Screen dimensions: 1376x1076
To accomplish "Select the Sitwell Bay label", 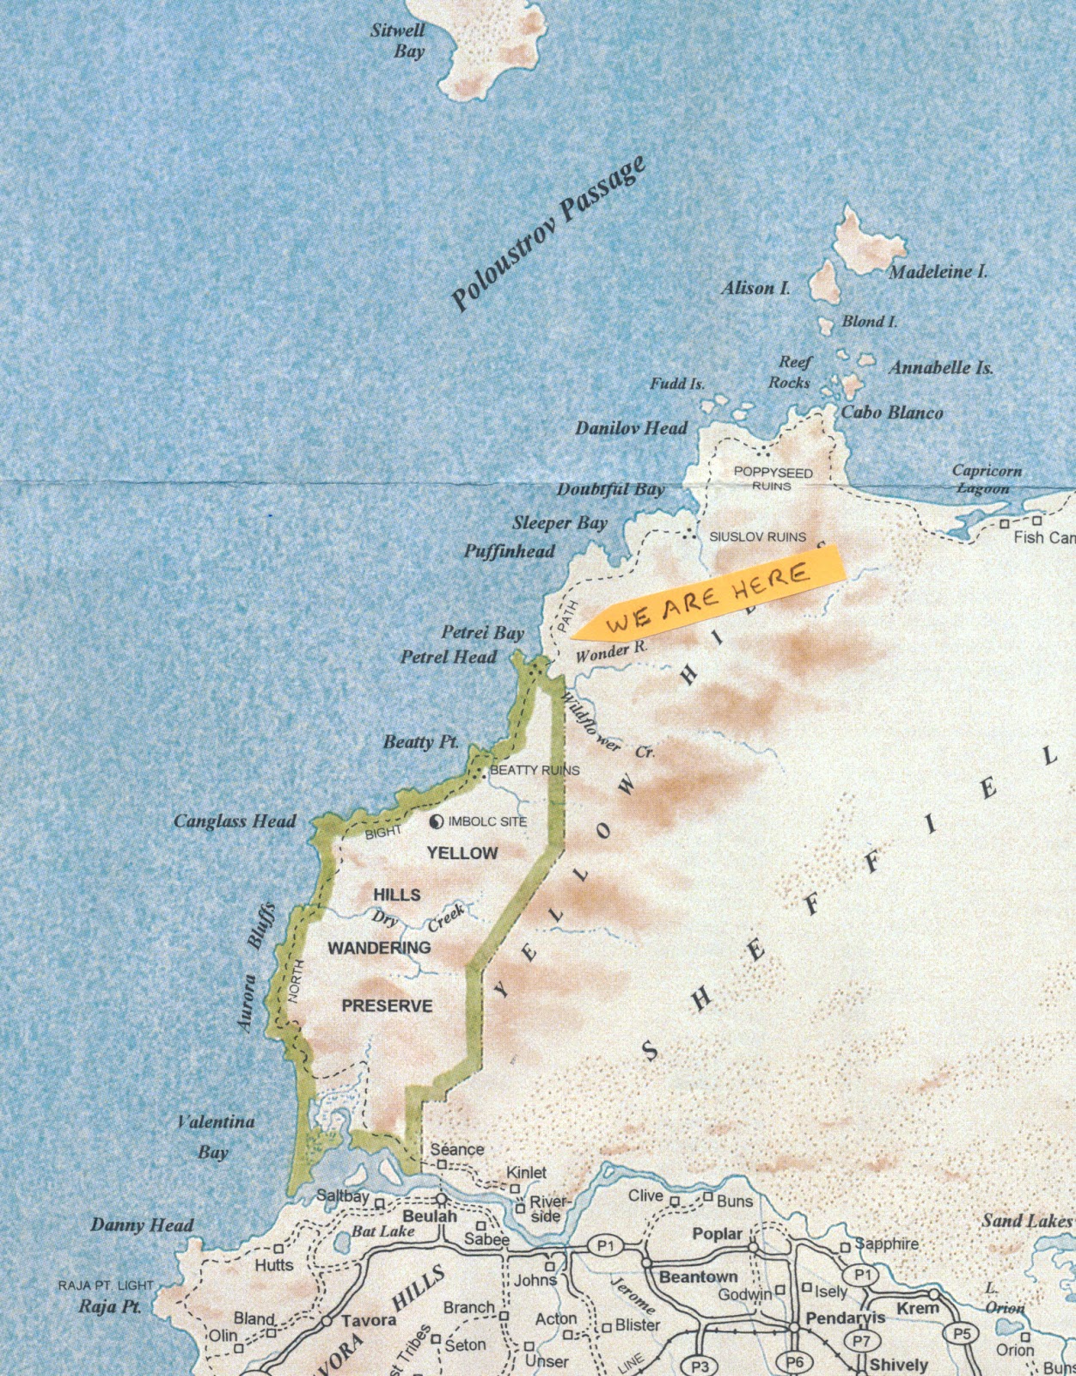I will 399,40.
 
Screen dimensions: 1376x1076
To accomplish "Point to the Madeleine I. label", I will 938,272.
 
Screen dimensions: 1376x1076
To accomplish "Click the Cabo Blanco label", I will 891,412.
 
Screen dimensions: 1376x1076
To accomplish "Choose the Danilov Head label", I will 631,427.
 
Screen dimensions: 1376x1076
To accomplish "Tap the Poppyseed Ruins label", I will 773,479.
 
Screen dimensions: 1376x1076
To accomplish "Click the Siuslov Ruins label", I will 757,537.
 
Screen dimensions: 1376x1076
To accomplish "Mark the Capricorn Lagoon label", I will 986,479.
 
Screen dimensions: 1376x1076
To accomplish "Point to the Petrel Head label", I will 448,657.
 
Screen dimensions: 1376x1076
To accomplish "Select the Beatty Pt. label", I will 420,741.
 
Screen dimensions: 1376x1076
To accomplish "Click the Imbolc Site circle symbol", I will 437,822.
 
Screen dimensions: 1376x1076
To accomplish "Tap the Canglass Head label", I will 235,821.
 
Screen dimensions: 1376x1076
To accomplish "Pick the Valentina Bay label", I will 215,1136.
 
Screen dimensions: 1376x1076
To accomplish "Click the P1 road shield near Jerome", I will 607,1245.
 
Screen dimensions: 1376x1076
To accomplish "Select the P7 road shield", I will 860,1340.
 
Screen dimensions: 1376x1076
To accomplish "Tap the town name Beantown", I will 698,1276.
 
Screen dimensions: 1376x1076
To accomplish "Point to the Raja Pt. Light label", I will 106,1285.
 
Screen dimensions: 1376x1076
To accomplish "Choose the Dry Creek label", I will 419,918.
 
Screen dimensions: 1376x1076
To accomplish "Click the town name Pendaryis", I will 845,1318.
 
